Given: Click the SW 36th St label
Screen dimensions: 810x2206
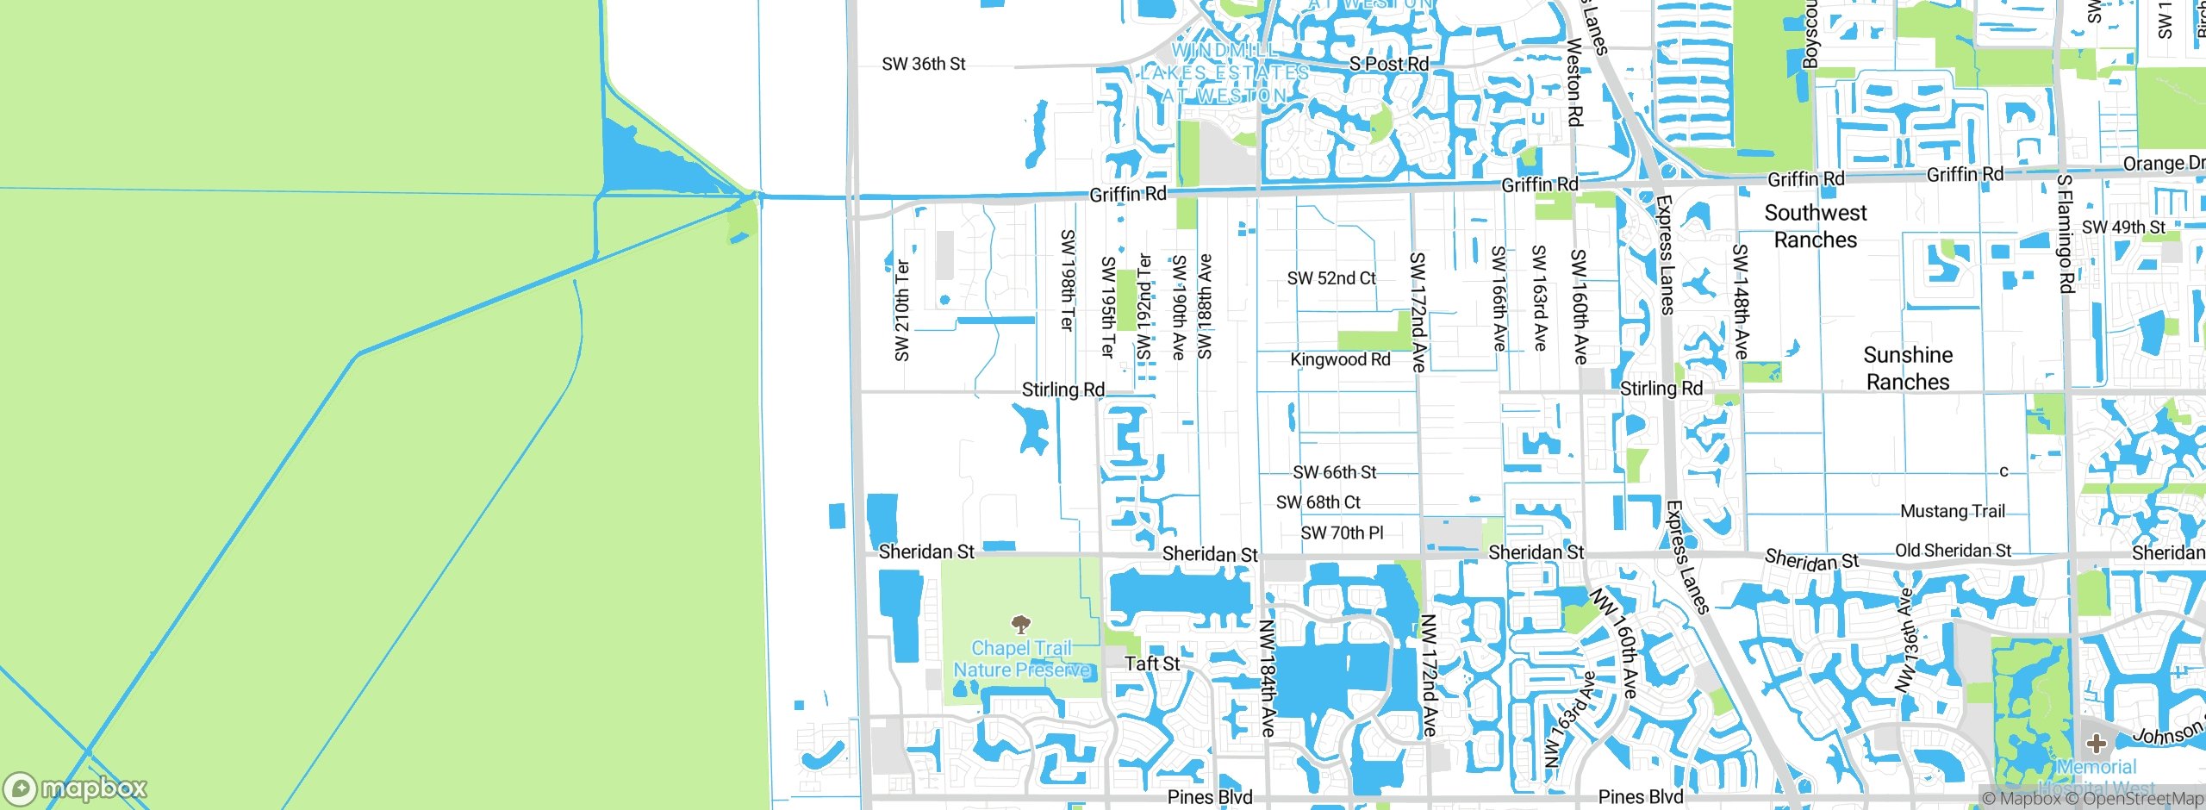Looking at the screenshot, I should (x=923, y=64).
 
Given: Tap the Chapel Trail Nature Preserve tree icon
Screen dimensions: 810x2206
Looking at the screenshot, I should (x=1021, y=624).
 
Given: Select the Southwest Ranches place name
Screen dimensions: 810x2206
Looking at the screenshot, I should (x=1816, y=226).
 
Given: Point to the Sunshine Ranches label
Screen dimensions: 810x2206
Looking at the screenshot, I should (x=1908, y=368).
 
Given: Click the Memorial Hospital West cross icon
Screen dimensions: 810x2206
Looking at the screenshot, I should (x=2097, y=743).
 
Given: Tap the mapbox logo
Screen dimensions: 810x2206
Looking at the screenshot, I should (x=76, y=788).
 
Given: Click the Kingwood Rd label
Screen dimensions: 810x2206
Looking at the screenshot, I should (x=1340, y=359).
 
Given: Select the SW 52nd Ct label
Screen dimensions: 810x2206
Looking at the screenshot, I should (x=1331, y=278).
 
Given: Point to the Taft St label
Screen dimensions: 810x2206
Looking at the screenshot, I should (x=1152, y=664).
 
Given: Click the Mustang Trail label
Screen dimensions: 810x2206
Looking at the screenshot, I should (x=1953, y=511).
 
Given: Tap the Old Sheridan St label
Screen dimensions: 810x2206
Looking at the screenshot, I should (x=1953, y=551).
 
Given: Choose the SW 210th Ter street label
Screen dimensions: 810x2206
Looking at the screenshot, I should (x=901, y=310).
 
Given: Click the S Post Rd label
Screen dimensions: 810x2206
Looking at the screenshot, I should (x=1388, y=64).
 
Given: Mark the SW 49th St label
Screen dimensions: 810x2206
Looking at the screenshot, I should (x=2123, y=227).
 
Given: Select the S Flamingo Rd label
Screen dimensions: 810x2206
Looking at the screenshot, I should (x=2065, y=234).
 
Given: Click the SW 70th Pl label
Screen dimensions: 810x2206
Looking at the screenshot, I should (x=1342, y=533).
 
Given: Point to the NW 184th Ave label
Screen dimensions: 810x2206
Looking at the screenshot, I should (x=1267, y=677).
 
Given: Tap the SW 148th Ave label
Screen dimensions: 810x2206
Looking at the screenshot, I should (x=1741, y=302).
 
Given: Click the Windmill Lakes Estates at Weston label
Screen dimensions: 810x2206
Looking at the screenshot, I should (x=1225, y=73).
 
